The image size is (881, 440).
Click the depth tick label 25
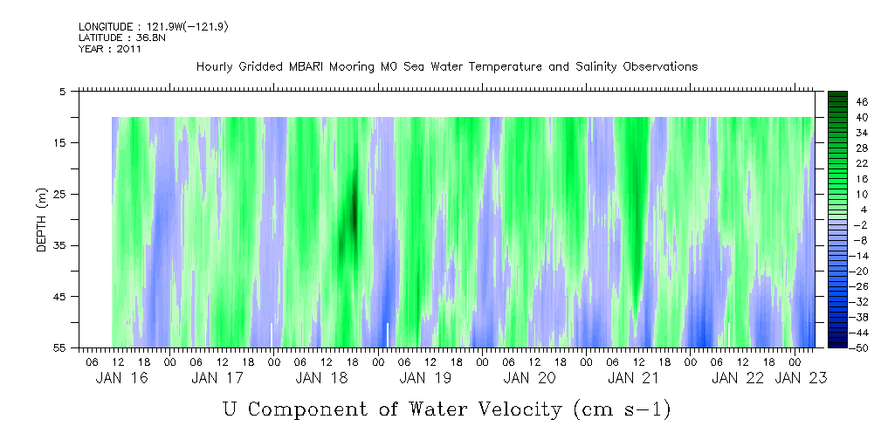pos(63,194)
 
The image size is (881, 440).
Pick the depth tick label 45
pos(63,297)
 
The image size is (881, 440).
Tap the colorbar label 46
pos(861,101)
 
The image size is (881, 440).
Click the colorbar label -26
pos(859,285)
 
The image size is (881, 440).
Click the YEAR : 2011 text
pos(110,49)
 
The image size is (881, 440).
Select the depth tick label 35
pos(63,245)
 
